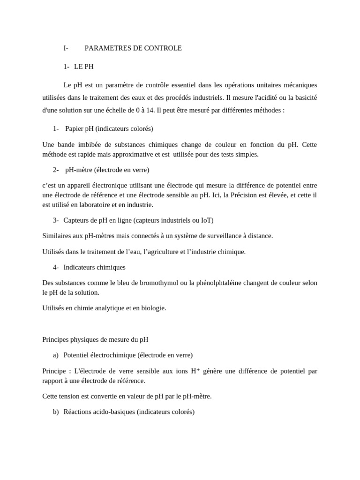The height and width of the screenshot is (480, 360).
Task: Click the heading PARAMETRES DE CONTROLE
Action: [133, 48]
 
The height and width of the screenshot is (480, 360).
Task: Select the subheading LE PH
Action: [84, 67]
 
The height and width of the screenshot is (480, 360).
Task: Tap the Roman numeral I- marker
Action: [66, 48]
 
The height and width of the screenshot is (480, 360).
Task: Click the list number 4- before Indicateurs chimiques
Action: [56, 267]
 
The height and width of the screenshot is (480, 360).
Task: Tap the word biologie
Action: [152, 308]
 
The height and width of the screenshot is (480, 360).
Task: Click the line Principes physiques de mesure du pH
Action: [95, 339]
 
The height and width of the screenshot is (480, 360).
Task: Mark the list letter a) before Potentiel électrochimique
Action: [56, 355]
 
